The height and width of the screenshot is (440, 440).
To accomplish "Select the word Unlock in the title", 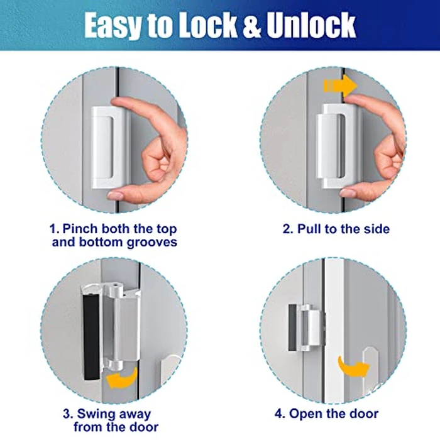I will tap(311, 25).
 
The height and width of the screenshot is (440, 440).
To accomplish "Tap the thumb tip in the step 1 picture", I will tap(115, 195).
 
